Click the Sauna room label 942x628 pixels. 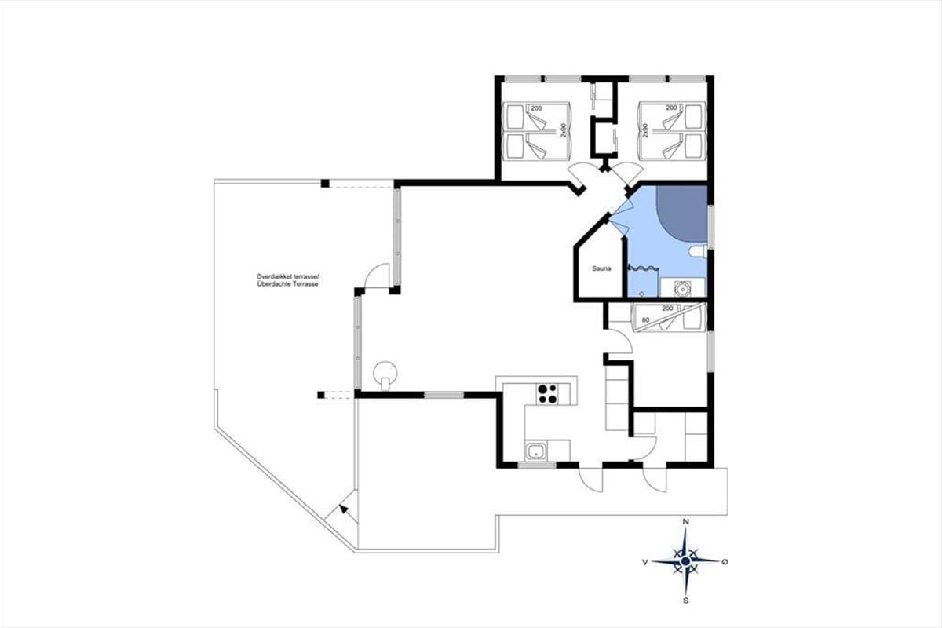(601, 268)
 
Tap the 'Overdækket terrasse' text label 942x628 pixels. (288, 276)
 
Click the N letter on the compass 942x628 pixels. (685, 521)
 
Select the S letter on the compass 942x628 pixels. (685, 601)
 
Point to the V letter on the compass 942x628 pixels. (644, 562)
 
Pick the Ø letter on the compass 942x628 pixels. (725, 561)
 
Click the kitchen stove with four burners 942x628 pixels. (547, 394)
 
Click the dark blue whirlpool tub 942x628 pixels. (681, 214)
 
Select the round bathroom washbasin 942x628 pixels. (681, 289)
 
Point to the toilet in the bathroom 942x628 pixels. (698, 252)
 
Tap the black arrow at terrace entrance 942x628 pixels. (344, 509)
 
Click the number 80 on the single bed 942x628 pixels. (645, 320)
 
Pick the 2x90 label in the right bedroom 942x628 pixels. (644, 130)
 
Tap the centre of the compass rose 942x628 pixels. (685, 561)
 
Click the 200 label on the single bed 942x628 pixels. (667, 309)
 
